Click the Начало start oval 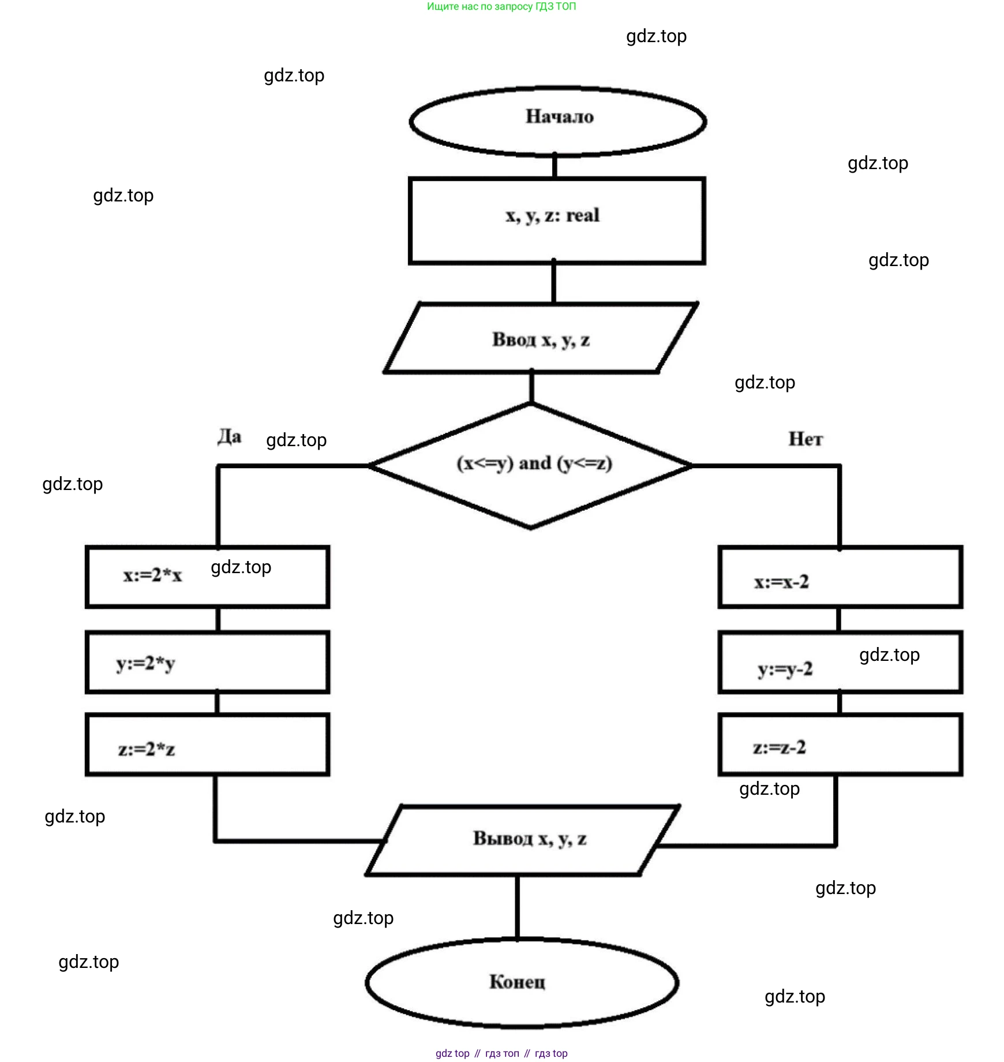pos(558,122)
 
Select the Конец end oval pos(522,982)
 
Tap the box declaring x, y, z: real pos(557,220)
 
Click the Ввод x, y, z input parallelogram pos(541,339)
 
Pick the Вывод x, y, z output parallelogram pos(523,840)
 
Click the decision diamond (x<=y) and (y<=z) pos(531,465)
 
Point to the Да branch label pos(229,437)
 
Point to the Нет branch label pos(806,439)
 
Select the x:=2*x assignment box pos(208,577)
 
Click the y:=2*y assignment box pos(208,662)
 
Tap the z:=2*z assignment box pos(208,745)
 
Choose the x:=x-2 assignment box pos(840,577)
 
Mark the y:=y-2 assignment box pos(840,663)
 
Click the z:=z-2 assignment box pos(840,745)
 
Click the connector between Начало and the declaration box pos(555,166)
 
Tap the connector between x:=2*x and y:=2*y pos(218,619)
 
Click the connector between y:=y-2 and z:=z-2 pos(840,703)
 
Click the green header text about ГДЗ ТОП pos(501,7)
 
